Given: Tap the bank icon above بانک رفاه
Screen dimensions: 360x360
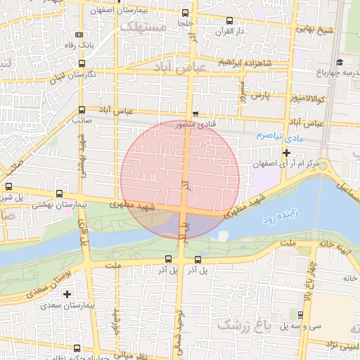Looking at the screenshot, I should (x=79, y=34).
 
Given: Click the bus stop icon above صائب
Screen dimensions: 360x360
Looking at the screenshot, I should (x=82, y=110).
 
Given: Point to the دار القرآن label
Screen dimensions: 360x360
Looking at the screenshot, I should (x=249, y=32).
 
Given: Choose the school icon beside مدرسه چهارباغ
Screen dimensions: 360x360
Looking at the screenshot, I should (x=341, y=62).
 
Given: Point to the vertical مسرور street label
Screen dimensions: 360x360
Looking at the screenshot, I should (x=243, y=92).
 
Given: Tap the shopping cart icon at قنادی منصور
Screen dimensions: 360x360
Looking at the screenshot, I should (x=195, y=115).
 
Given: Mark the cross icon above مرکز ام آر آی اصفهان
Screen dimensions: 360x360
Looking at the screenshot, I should (x=286, y=153).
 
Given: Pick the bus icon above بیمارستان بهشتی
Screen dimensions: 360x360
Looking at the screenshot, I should (x=59, y=193).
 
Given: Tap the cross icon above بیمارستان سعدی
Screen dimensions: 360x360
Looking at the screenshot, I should (x=67, y=294).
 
